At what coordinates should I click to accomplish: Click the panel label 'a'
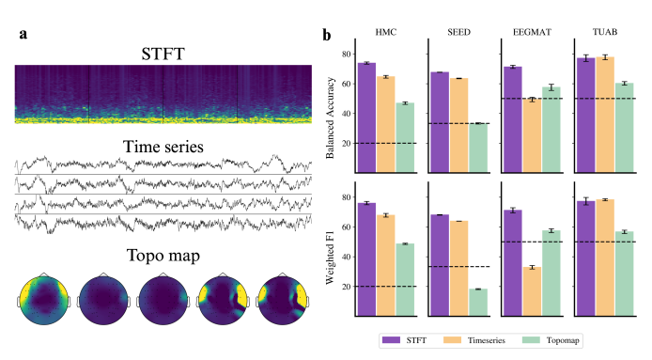[23, 34]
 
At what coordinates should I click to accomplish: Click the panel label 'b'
[327, 35]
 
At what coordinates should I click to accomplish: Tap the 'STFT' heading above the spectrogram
[163, 55]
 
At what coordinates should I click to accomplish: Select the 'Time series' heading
[163, 147]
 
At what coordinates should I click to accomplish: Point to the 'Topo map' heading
[163, 256]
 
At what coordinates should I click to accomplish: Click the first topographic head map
[43, 299]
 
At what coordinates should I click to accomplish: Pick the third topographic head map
[163, 299]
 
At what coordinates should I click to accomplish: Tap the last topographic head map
[283, 299]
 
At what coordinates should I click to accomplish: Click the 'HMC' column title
[386, 32]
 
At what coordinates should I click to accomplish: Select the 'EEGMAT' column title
[532, 32]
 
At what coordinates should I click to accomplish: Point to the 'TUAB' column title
[605, 32]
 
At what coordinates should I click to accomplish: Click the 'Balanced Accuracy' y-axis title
[330, 117]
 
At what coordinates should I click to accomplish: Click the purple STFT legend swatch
[391, 340]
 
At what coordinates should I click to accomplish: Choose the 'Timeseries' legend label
[486, 340]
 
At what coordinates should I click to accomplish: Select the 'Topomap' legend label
[563, 340]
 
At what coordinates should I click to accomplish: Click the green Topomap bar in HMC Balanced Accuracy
[406, 138]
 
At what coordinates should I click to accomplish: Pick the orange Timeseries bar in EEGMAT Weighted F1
[533, 291]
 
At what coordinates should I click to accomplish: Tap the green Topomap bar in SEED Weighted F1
[478, 303]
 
